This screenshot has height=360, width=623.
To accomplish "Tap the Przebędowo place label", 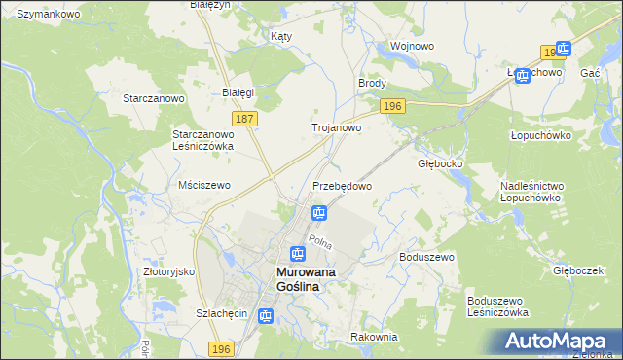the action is [342, 185].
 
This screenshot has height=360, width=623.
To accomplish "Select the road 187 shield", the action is [245, 119].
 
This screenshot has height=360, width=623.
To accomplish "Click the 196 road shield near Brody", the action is [393, 106].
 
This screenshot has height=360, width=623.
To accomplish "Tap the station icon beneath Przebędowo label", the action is [318, 213].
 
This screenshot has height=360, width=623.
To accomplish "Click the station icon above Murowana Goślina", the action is [298, 254].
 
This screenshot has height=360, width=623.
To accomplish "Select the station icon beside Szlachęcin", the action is [266, 315].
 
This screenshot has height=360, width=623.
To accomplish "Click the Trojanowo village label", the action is [336, 127].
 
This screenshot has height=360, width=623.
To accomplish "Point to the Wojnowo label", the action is [411, 46].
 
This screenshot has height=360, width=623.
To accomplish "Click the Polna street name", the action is [320, 241].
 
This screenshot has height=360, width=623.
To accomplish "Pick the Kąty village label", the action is [281, 36].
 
